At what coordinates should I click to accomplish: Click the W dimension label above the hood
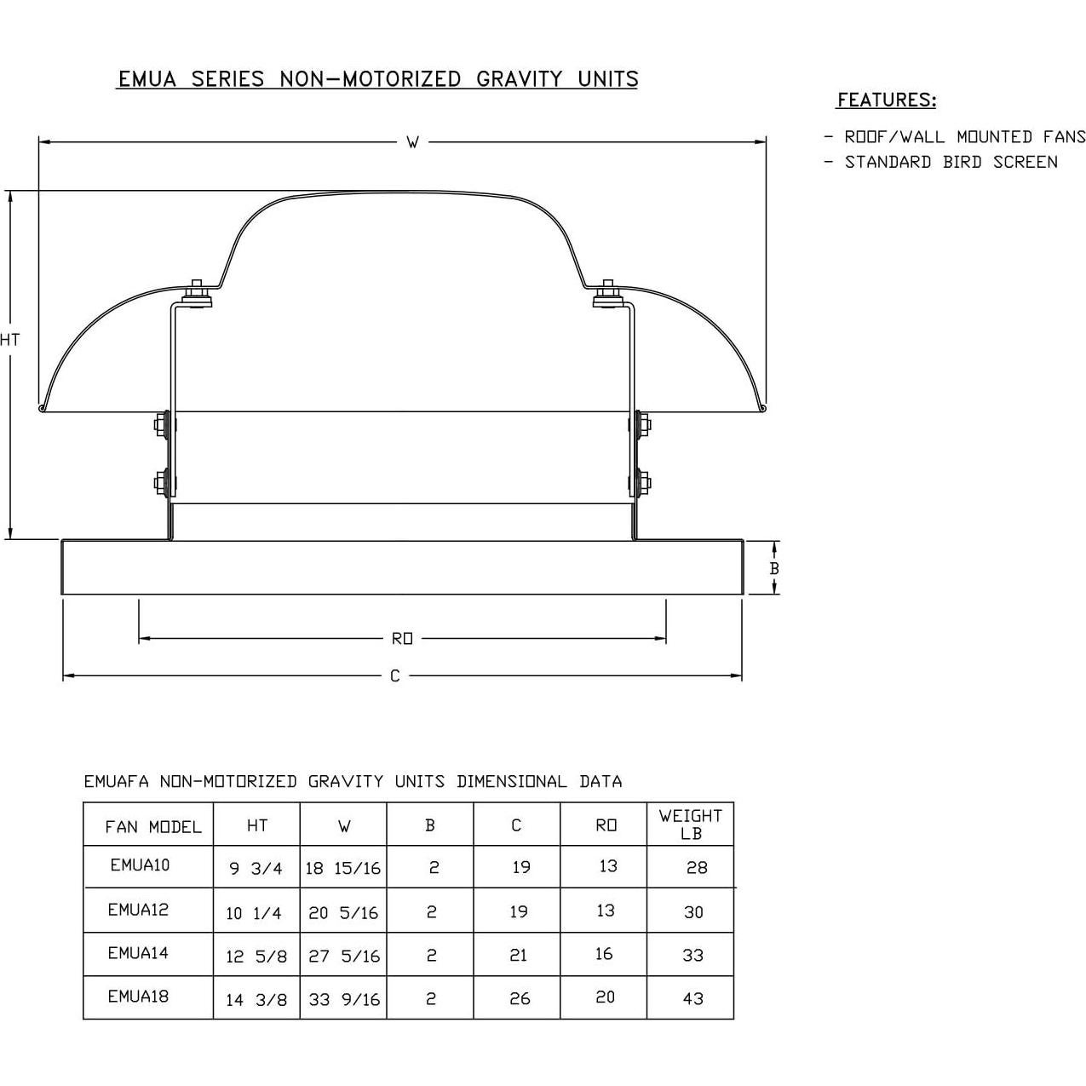click(x=413, y=142)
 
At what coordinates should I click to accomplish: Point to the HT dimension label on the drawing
click(x=10, y=340)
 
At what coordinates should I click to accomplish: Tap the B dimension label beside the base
click(x=774, y=568)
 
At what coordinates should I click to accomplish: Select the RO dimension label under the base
click(x=402, y=639)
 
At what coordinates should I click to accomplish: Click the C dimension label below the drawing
click(x=395, y=675)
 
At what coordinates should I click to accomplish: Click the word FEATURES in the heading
click(x=887, y=100)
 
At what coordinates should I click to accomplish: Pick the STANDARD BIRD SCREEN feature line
click(x=951, y=163)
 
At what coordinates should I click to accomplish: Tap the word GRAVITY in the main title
click(x=519, y=79)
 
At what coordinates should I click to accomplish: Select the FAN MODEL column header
click(x=153, y=827)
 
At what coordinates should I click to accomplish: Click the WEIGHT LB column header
click(x=691, y=824)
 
